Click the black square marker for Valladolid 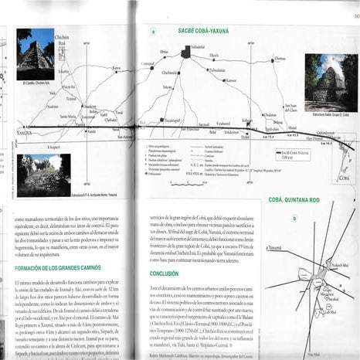186,52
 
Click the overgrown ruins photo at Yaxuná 43,174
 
